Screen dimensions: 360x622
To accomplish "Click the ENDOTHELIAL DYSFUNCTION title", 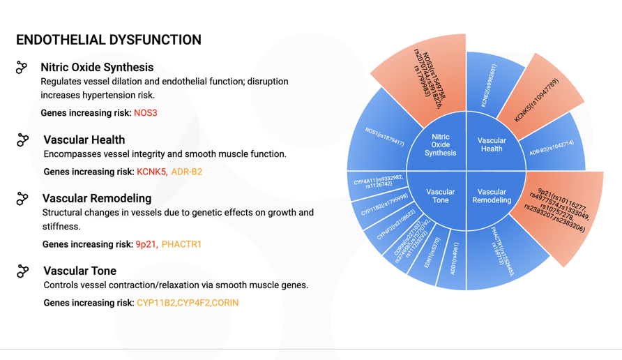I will tap(108, 40).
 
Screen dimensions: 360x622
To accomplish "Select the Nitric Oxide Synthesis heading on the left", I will tap(97, 67).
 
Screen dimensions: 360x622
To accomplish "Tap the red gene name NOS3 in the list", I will tap(146, 113).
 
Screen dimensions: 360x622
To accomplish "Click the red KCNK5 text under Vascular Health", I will tap(151, 172).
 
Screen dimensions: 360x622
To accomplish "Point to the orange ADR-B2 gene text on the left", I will tap(187, 172).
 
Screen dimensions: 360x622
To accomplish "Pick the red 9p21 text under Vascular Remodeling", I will tap(146, 244).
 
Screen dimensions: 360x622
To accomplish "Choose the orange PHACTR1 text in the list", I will tap(181, 244).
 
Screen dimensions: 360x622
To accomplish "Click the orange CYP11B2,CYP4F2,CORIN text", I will tap(188, 303).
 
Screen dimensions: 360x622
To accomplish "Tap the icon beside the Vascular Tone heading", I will tap(23, 271).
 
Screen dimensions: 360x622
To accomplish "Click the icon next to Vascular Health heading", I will tap(23, 140).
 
